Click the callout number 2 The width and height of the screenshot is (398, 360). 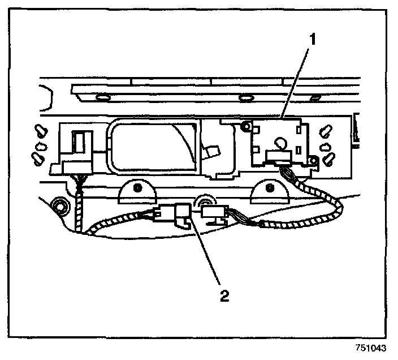click(x=226, y=296)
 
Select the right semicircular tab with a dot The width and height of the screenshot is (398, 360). click(x=270, y=191)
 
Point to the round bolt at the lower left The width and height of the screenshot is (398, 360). click(x=58, y=204)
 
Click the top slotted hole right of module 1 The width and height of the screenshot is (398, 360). click(x=325, y=131)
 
